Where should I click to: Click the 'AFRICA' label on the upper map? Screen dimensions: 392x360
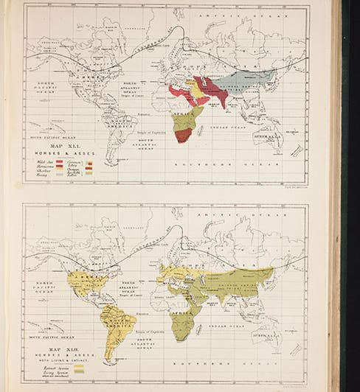pos(186,116)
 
